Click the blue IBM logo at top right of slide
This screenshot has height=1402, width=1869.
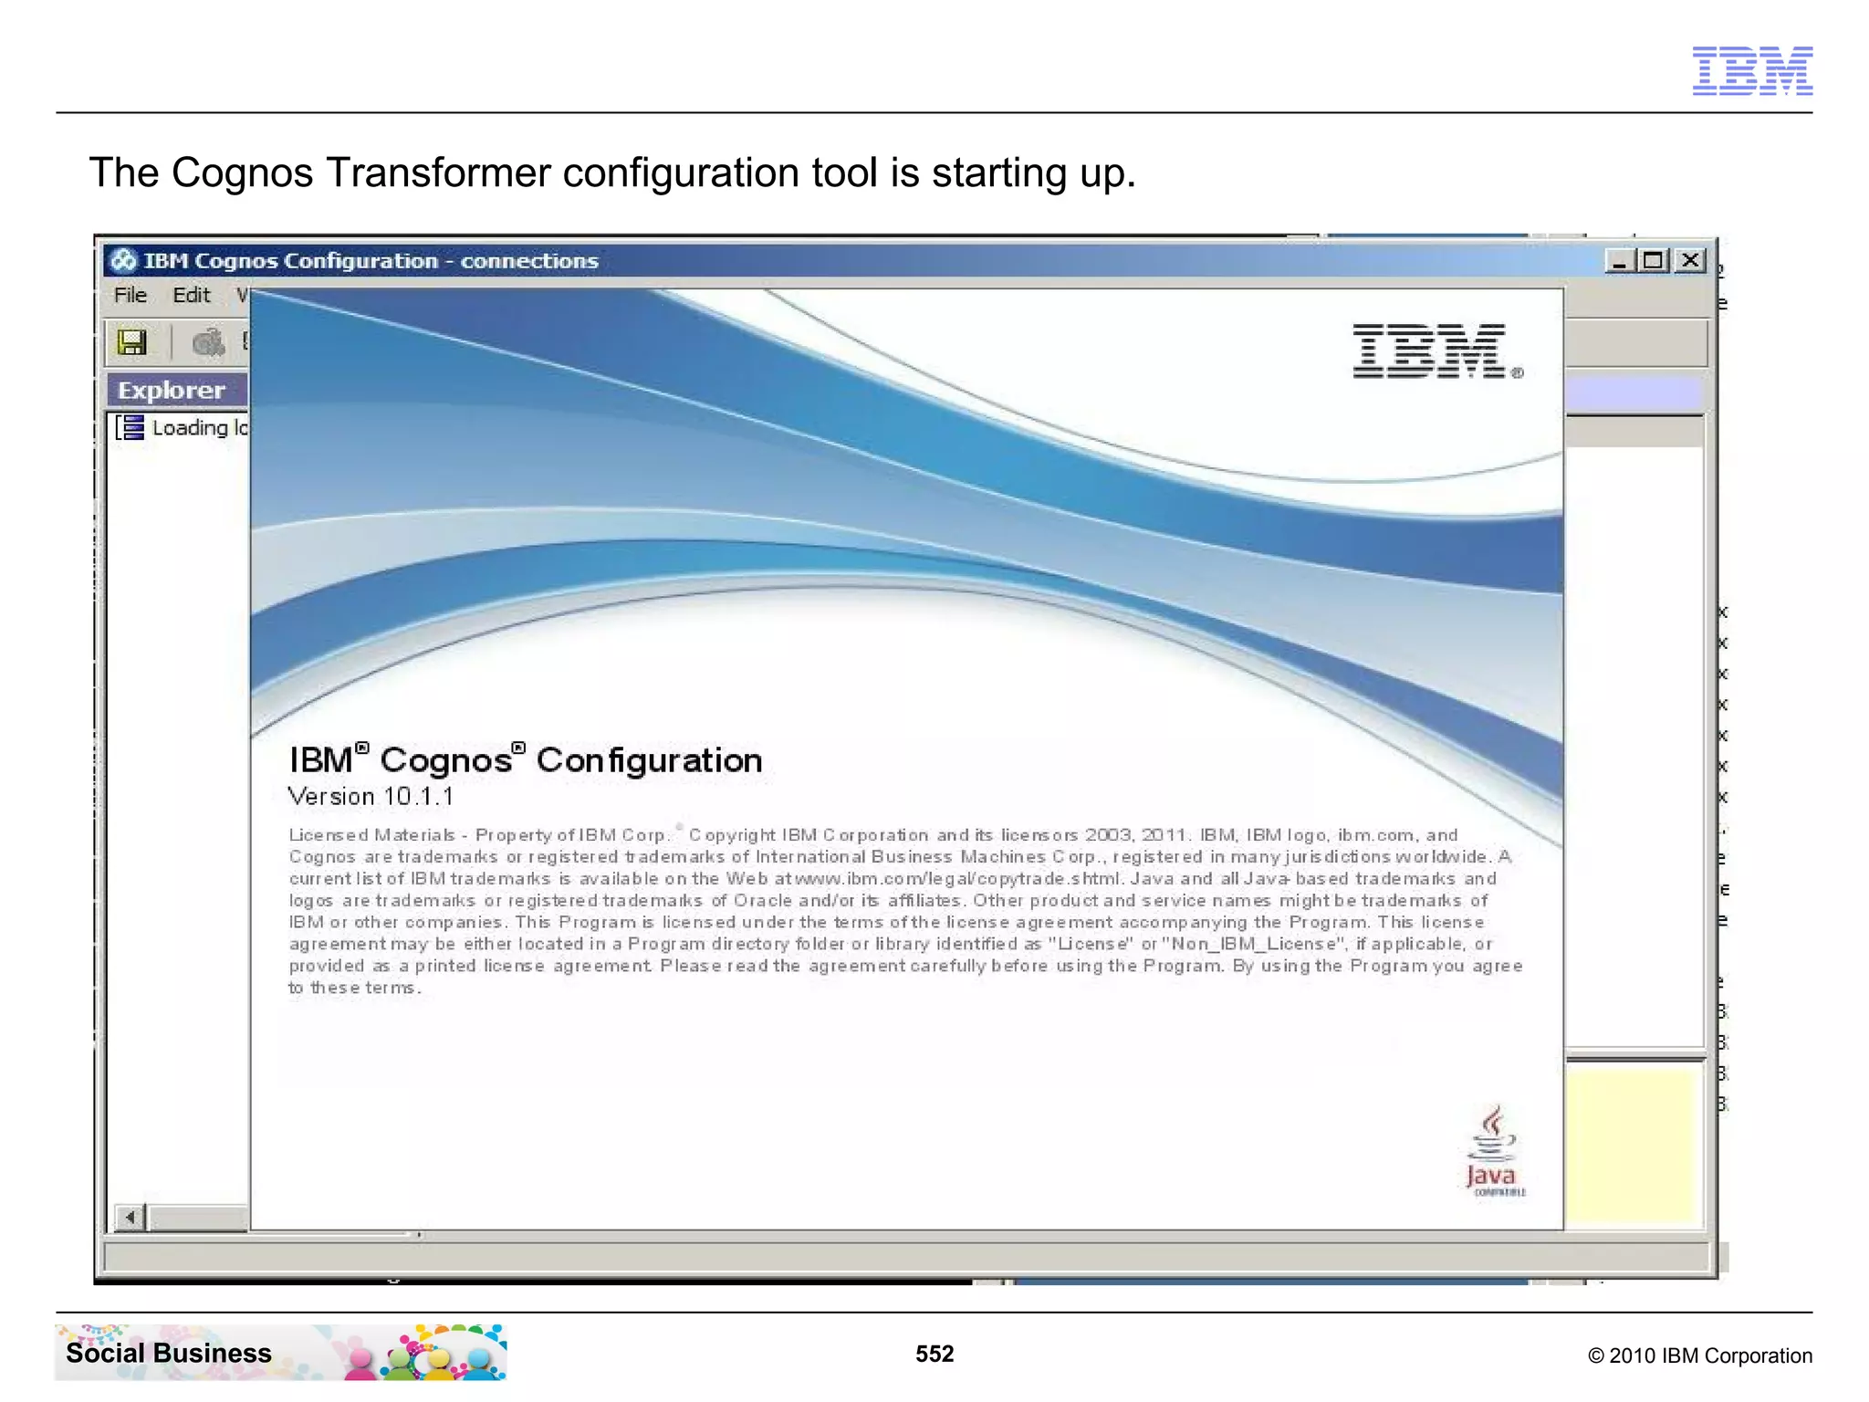click(x=1752, y=70)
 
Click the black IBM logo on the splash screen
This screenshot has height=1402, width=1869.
click(x=1430, y=351)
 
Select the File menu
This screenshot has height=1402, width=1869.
click(x=130, y=295)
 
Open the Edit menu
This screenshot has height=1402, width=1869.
click(x=191, y=295)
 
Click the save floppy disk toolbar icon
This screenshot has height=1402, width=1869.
click(x=132, y=342)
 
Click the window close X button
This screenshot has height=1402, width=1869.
click(x=1690, y=261)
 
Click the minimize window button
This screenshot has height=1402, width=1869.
click(x=1620, y=261)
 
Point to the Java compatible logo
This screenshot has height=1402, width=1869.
click(x=1493, y=1153)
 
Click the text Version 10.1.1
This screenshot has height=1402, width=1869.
click(x=371, y=796)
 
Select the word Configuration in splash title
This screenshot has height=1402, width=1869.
click(x=649, y=759)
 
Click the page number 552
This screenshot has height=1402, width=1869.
click(x=934, y=1354)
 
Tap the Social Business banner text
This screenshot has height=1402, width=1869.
click(x=169, y=1353)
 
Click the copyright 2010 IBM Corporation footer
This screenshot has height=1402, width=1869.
click(x=1699, y=1355)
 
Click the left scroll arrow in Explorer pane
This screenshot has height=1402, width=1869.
click(x=131, y=1217)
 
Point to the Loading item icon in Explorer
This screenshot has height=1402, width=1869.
click(x=131, y=427)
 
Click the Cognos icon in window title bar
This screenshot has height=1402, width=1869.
click(x=123, y=261)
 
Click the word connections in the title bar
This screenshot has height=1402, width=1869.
click(x=529, y=261)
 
